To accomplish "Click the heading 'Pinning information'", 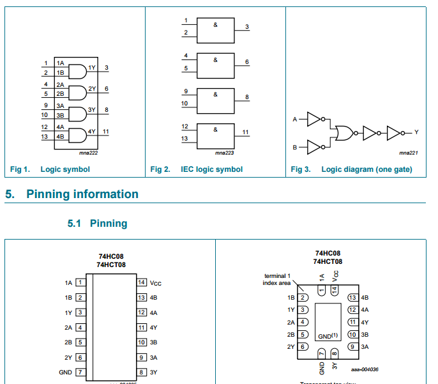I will coord(82,194).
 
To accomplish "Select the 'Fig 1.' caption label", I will coord(20,169).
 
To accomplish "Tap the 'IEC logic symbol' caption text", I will coord(211,169).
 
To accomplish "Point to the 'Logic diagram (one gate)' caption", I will coord(366,169).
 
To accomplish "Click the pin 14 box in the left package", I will coord(142,282).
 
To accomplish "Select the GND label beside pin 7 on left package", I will coord(65,372).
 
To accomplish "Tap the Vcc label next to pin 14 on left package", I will coord(156,282).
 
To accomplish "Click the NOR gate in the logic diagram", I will coord(344,132).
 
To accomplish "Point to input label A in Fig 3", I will coord(295,119).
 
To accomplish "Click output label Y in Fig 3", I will coord(416,132).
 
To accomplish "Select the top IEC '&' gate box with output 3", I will coord(216,29).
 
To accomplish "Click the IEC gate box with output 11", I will coord(216,134).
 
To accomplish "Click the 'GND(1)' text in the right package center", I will coord(328,336).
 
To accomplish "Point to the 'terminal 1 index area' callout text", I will coord(276,279).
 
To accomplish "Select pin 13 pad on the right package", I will coord(352,298).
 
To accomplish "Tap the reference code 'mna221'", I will coord(408,153).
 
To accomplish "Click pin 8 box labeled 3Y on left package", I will coord(142,372).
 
